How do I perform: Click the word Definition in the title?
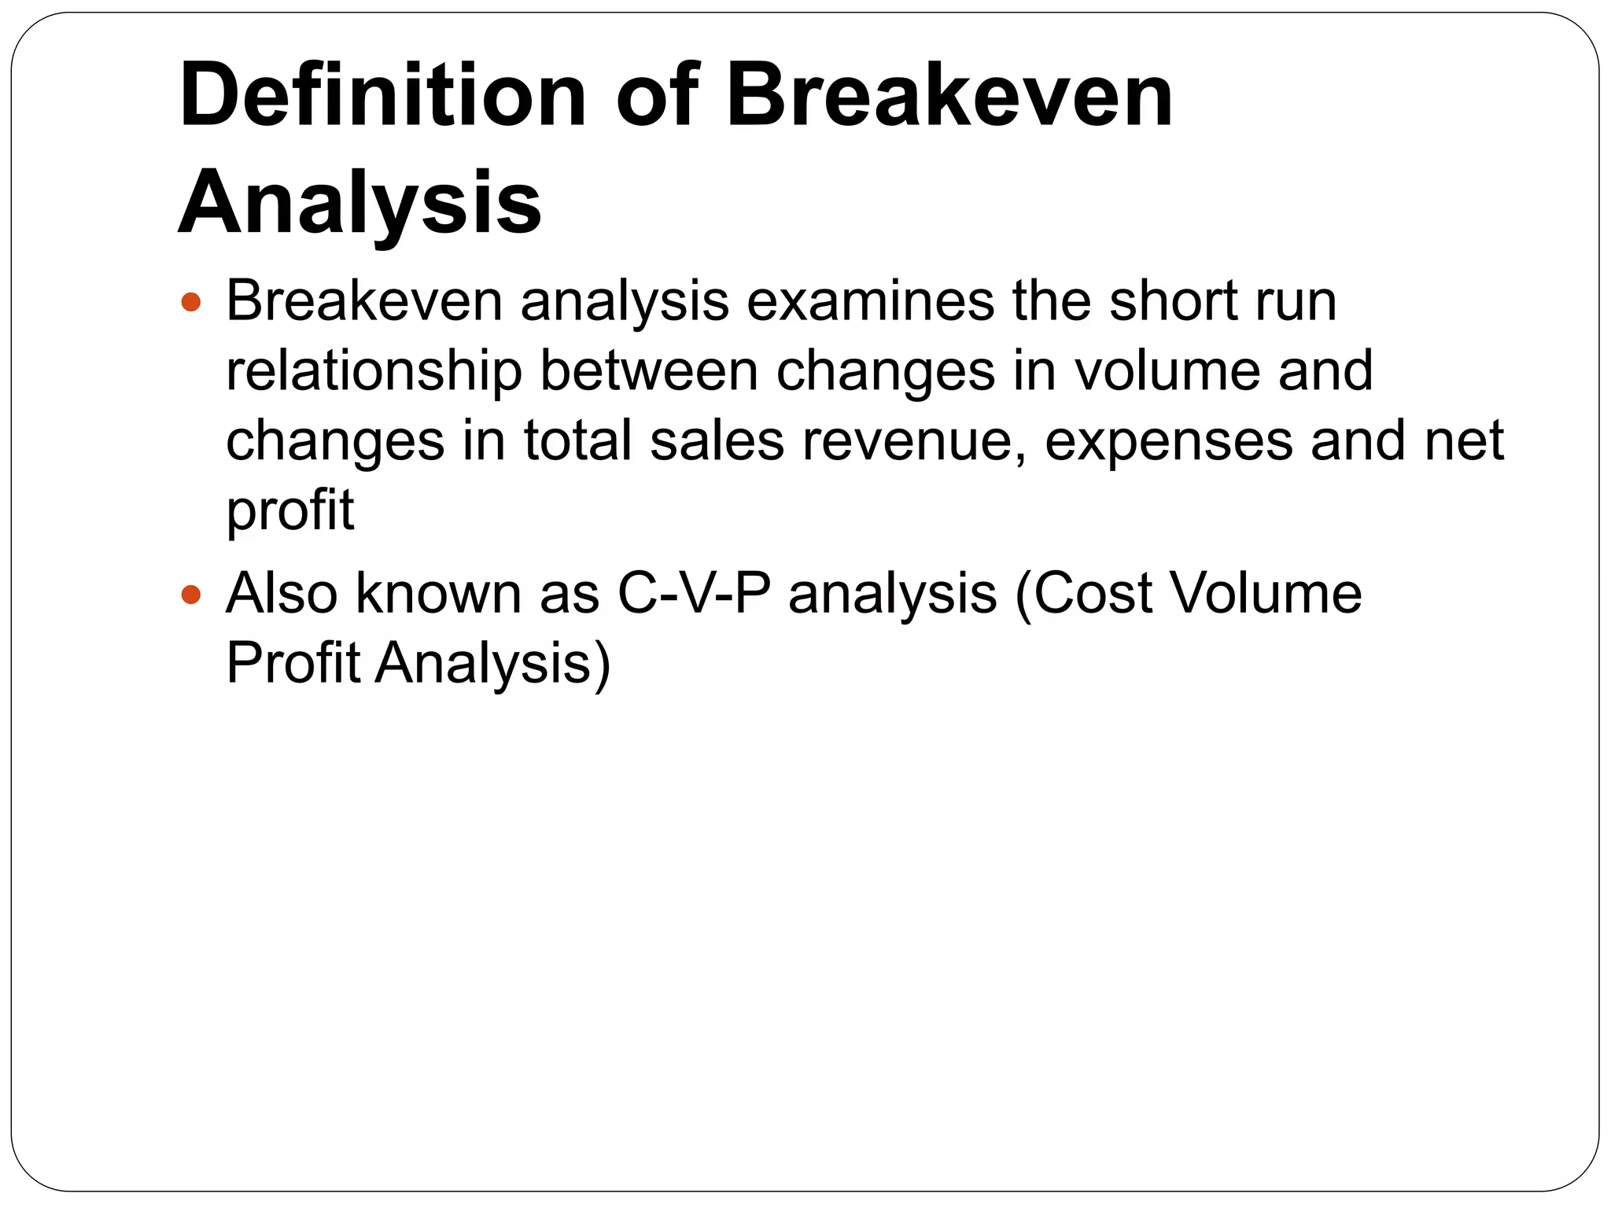[x=382, y=96]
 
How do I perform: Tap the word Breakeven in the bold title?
[x=949, y=96]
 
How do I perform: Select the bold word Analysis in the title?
[x=359, y=203]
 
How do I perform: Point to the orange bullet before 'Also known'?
[x=191, y=594]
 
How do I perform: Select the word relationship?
[x=374, y=371]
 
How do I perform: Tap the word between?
[x=649, y=371]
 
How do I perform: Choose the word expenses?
[x=1169, y=442]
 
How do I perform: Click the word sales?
[x=717, y=440]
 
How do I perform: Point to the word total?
[x=577, y=440]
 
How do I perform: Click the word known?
[x=438, y=594]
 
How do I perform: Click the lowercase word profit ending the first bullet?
[x=289, y=511]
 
